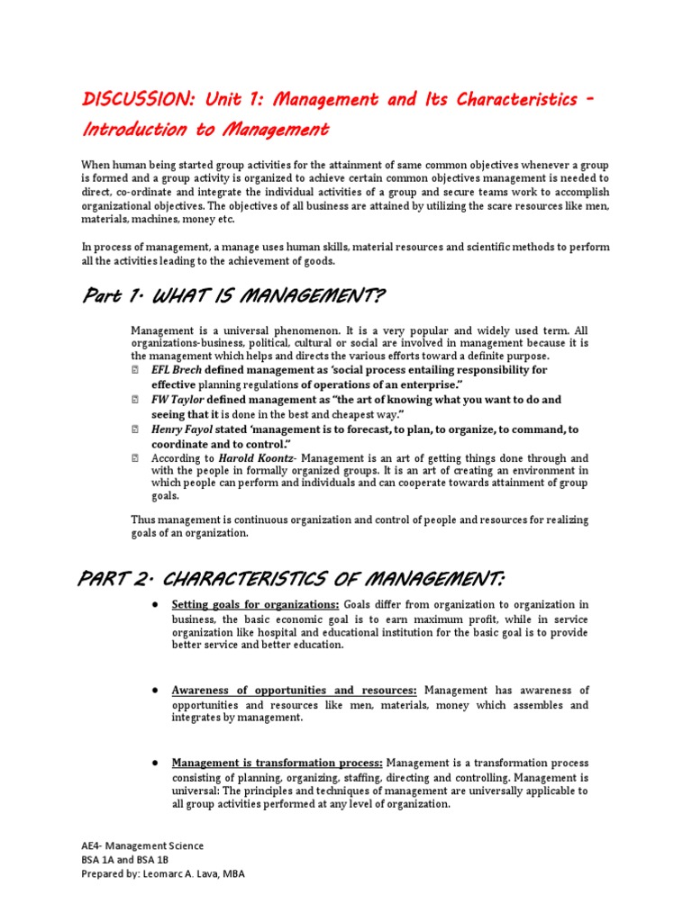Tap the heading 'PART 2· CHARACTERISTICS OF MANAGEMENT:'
click(x=292, y=576)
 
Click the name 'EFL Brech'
click(x=177, y=370)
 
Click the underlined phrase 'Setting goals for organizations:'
click(x=256, y=604)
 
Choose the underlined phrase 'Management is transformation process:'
click(x=278, y=763)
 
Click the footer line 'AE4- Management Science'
click(x=142, y=845)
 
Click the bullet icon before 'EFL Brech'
click(x=134, y=370)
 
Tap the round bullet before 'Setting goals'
click(x=156, y=604)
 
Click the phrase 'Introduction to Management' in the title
click(x=205, y=131)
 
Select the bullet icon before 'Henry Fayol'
click(x=134, y=429)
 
